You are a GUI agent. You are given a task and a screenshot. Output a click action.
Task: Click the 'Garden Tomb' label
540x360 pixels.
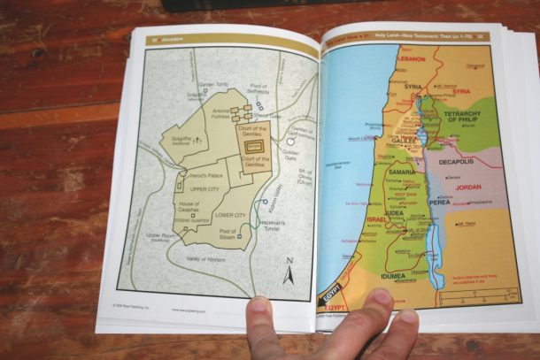point(214,85)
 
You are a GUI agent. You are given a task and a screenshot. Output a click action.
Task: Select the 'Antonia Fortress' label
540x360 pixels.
point(218,114)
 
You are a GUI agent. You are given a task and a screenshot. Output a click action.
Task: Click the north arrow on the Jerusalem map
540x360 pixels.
point(288,272)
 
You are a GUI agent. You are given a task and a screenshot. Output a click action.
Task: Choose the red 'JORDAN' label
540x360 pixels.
point(467,188)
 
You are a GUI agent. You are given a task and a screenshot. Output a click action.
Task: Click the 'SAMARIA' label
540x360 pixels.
point(396,170)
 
